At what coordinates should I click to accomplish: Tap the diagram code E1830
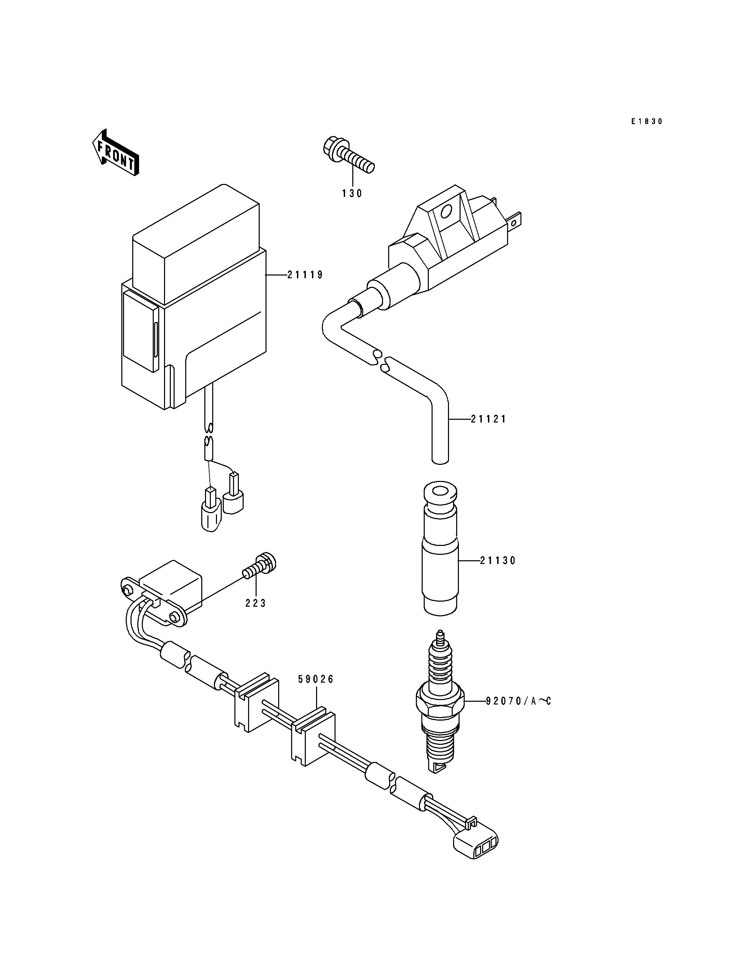647,121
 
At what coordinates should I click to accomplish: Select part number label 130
352,193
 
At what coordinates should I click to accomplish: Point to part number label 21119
305,275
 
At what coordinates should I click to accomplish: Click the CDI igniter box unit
194,297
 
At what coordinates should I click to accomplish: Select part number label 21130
498,561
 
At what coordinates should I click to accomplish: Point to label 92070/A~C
518,701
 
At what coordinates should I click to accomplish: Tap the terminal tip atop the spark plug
440,634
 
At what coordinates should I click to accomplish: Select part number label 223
256,603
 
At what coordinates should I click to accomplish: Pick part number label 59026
316,679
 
